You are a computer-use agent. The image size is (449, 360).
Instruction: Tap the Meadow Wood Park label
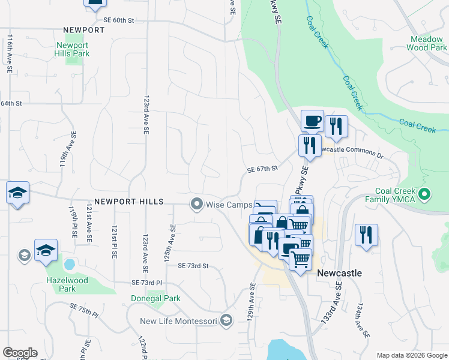(427, 43)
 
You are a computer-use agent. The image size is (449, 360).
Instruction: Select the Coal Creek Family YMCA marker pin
(425, 194)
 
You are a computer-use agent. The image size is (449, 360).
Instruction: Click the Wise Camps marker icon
(196, 205)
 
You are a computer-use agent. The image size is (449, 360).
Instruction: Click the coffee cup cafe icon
(312, 121)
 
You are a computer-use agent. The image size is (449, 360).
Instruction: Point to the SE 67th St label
(263, 170)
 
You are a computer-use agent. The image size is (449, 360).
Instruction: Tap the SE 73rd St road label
(193, 266)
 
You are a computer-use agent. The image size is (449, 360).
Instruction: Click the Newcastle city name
(339, 273)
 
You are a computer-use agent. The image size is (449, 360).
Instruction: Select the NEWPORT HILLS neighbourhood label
(128, 202)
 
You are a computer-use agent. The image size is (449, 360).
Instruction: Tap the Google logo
(20, 353)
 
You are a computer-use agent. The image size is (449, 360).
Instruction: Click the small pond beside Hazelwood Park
(69, 264)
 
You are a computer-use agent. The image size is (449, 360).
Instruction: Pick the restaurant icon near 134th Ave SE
(366, 235)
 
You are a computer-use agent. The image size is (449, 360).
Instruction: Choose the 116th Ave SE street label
(10, 53)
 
